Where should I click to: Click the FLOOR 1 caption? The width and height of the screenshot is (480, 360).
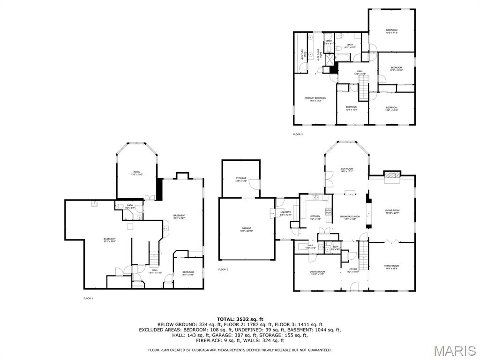[x=88, y=299]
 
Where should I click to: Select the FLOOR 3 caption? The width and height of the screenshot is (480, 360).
[x=298, y=135]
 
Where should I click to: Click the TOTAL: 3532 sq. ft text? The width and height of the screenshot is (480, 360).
[x=240, y=319]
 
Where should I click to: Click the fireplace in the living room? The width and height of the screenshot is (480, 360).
[x=391, y=175]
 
